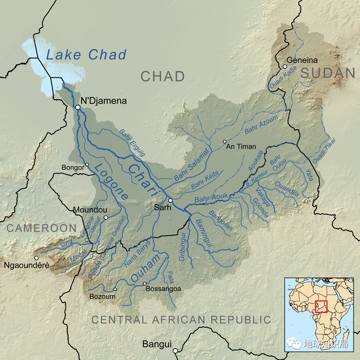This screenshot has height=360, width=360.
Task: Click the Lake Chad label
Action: pos(86,55)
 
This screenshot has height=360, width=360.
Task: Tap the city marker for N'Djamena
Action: pos(78,107)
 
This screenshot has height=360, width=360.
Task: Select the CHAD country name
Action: pos(163,76)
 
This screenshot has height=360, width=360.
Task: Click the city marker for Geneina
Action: pos(285,67)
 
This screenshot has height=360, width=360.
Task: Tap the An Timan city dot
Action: pos(225,141)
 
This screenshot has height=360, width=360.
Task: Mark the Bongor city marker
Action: pos(87,165)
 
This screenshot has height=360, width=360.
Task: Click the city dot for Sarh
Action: pos(170,201)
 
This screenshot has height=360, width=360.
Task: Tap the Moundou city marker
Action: pos(106,217)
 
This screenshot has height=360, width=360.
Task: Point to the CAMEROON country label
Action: pos(41,228)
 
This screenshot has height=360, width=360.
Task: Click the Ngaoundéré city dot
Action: pos(36,258)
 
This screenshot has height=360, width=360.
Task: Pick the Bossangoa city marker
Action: pos(145,284)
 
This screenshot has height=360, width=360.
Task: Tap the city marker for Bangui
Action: pos(175,350)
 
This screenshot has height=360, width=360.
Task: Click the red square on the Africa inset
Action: pos(321,306)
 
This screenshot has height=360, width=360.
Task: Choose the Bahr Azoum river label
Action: pos(261,125)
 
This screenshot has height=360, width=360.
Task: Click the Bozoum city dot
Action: pos(115,289)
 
